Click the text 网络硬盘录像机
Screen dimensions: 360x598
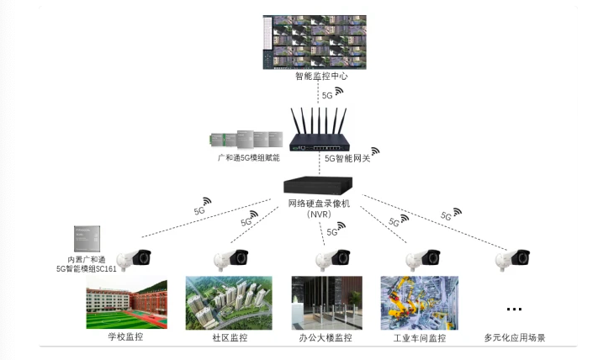coord(319,203)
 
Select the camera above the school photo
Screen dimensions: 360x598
coord(134,259)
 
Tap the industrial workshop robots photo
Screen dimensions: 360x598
coord(420,302)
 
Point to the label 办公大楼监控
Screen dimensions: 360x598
coord(325,338)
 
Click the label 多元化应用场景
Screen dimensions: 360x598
coord(515,338)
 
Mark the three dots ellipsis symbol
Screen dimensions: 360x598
coord(515,308)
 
